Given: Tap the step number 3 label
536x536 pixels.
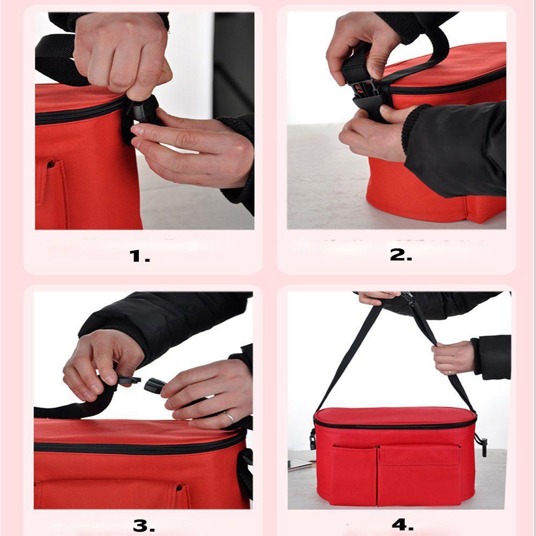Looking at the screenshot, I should click(144, 525).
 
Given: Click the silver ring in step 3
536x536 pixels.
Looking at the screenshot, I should click(228, 417).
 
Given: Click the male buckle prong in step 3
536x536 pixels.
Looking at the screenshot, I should click(129, 380).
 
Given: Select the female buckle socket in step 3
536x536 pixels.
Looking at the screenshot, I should click(155, 385).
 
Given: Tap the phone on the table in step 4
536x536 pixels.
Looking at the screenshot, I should click(300, 465).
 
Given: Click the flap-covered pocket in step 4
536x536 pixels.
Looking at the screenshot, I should click(418, 472).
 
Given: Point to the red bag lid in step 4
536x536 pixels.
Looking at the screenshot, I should click(394, 416).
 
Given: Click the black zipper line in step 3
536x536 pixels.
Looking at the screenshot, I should click(134, 446).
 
